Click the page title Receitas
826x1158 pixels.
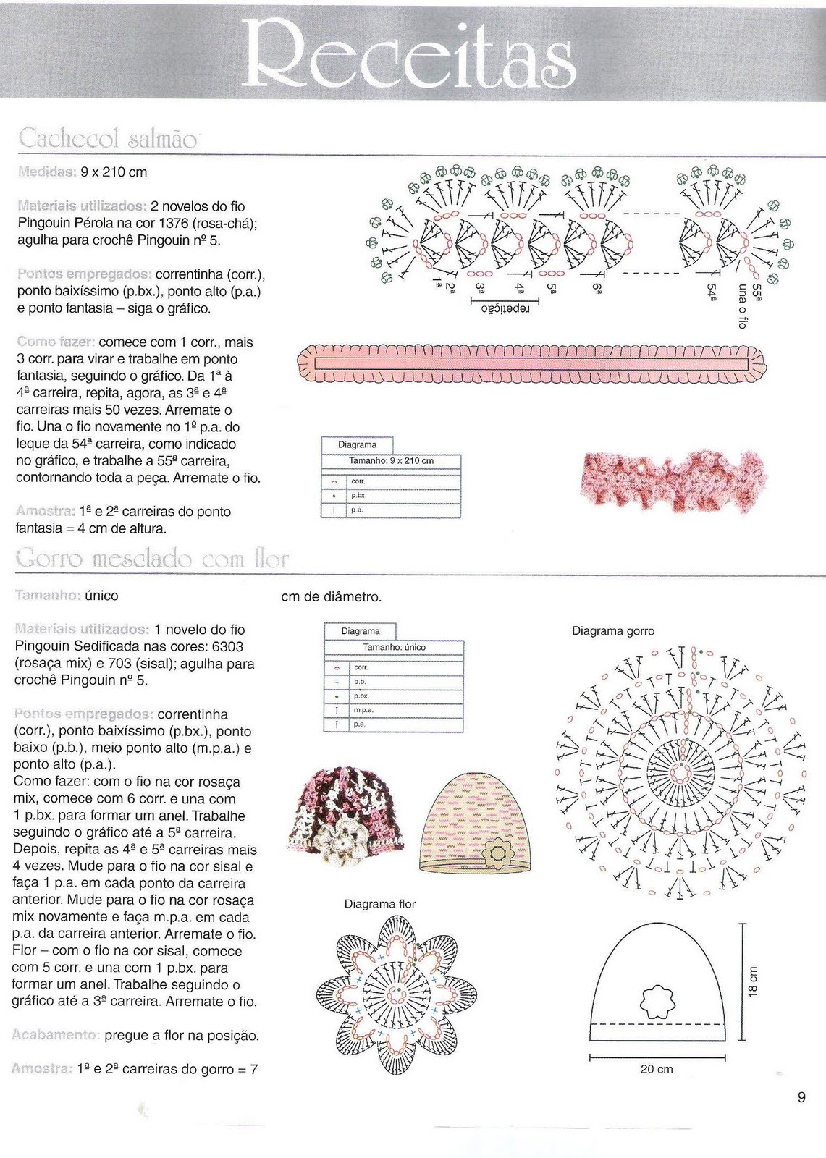pyautogui.click(x=410, y=52)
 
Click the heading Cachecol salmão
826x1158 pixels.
pyautogui.click(x=107, y=138)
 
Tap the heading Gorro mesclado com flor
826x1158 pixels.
pyautogui.click(x=151, y=559)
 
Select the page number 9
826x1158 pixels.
pyautogui.click(x=801, y=1098)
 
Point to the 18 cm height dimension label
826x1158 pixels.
pyautogui.click(x=754, y=982)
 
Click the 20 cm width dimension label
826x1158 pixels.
pyautogui.click(x=657, y=1069)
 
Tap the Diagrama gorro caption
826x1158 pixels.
pyautogui.click(x=612, y=631)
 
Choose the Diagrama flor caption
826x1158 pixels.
pyautogui.click(x=379, y=904)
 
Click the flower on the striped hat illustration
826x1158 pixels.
pyautogui.click(x=499, y=852)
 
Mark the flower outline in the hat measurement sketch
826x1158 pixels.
pyautogui.click(x=657, y=1000)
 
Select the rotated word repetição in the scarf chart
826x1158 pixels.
pyautogui.click(x=505, y=308)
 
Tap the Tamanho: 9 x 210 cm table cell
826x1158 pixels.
pyautogui.click(x=391, y=461)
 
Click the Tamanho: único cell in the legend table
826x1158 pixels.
pyautogui.click(x=394, y=648)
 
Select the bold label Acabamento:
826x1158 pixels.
pyautogui.click(x=55, y=1036)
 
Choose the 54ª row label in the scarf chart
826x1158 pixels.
pyautogui.click(x=712, y=292)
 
